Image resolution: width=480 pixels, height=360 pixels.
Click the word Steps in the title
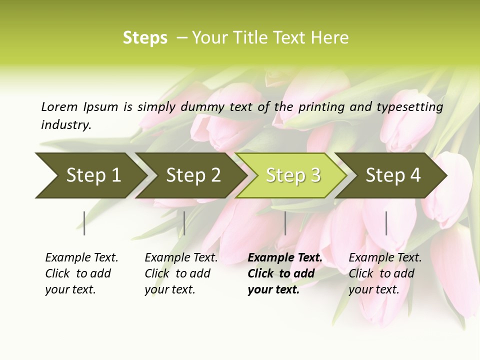point(145,38)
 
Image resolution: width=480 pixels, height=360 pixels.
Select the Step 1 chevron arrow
point(87,175)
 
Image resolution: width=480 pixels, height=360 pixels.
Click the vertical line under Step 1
point(84,223)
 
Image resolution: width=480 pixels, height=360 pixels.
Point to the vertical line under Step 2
point(184,223)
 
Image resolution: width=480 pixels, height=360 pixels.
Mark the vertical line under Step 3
point(285,223)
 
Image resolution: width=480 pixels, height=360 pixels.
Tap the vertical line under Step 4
point(386,223)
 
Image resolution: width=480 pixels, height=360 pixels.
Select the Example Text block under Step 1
point(81,273)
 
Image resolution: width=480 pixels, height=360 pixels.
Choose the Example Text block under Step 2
point(181,273)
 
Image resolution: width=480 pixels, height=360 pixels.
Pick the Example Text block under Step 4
point(385,273)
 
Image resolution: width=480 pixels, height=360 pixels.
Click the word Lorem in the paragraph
point(59,106)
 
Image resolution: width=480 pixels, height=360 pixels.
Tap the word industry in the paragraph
point(65,125)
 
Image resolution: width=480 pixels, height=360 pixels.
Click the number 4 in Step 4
point(415,175)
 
